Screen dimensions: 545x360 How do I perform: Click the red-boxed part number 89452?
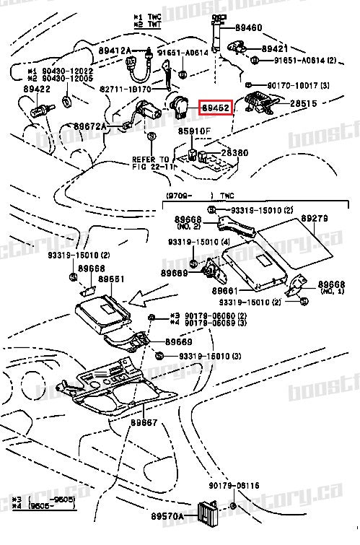pos(215,108)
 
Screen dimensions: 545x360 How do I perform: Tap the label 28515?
pos(304,104)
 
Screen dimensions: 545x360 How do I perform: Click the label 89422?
pos(36,89)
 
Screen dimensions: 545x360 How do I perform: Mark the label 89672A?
pos(89,126)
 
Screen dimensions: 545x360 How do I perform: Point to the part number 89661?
pos(226,290)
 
